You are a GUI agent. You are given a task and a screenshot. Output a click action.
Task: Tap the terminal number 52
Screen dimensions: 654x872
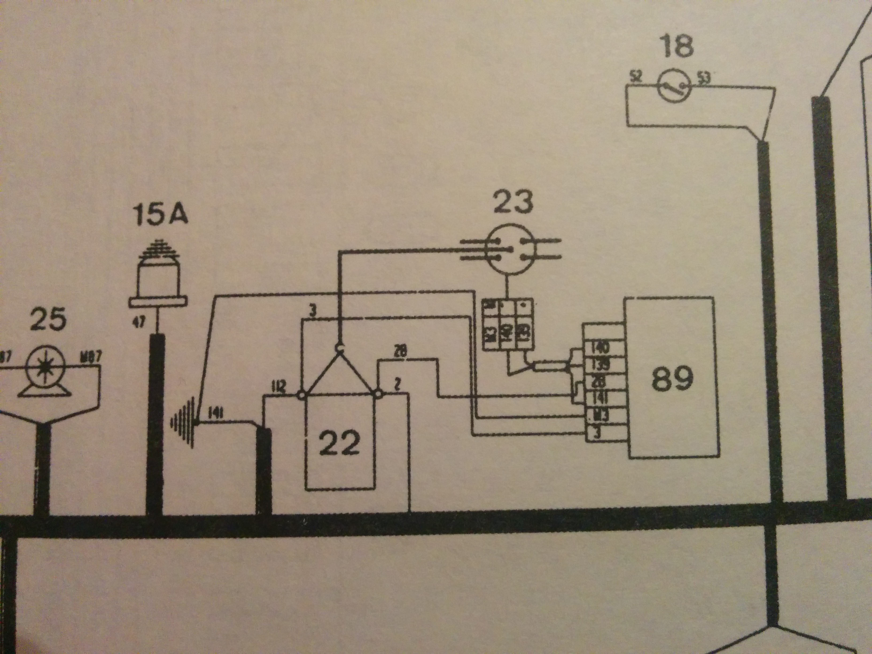pyautogui.click(x=636, y=76)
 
